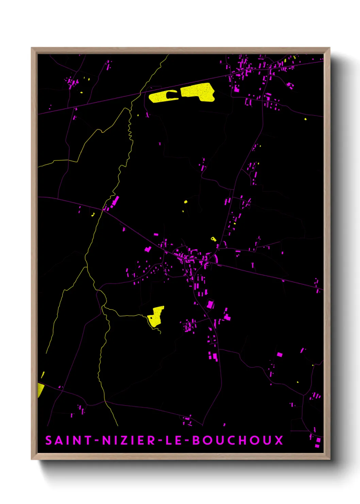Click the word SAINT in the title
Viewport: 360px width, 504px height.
coord(68,440)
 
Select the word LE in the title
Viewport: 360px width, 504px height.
coord(174,440)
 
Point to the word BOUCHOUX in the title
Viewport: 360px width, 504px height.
coord(238,440)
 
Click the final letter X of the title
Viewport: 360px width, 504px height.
coord(279,440)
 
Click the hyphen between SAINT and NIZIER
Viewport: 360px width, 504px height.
coord(97,441)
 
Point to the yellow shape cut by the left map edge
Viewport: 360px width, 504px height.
coord(40,390)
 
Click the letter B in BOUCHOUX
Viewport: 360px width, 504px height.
coord(197,440)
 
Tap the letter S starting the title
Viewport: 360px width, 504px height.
coord(49,440)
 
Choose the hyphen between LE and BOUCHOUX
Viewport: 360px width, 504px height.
coord(186,441)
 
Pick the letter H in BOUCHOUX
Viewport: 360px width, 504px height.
coord(243,440)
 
